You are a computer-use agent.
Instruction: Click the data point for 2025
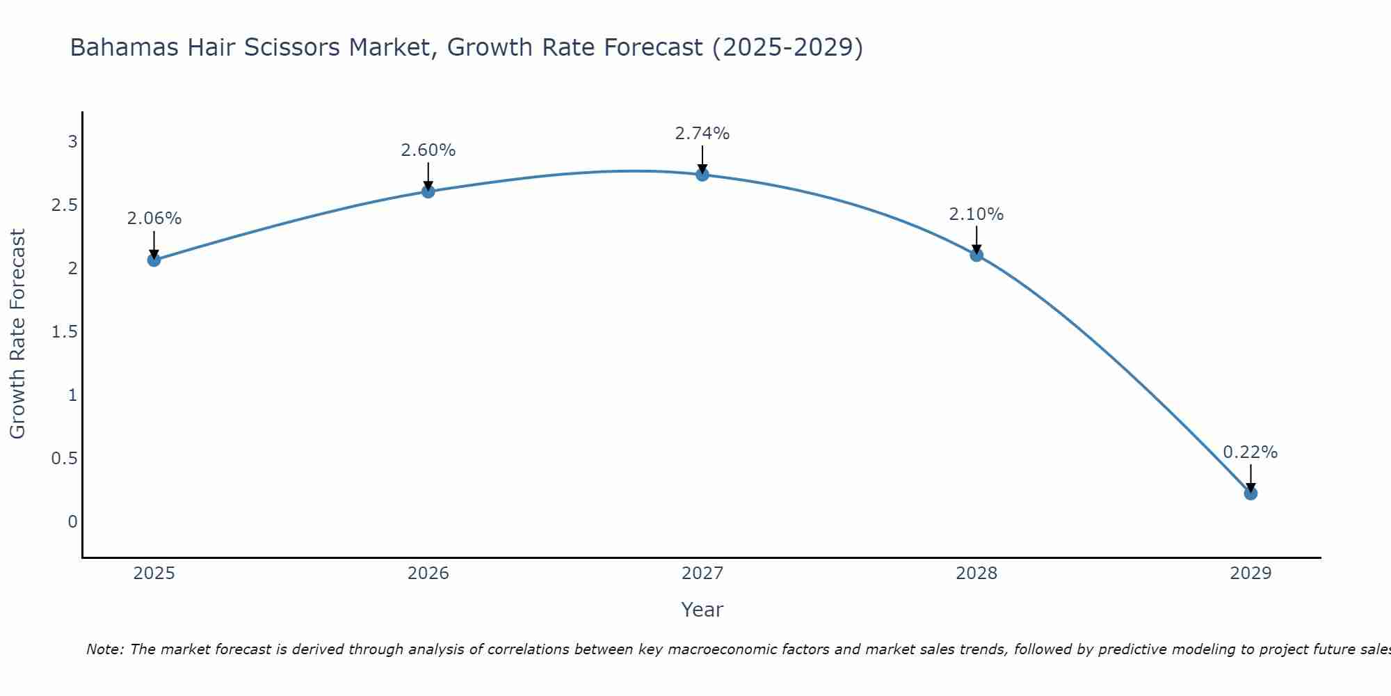point(154,260)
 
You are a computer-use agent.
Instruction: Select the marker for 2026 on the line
point(428,191)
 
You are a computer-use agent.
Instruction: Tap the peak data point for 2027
point(702,175)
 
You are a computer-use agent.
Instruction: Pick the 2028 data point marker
point(976,255)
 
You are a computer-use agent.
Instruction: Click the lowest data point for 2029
point(1251,493)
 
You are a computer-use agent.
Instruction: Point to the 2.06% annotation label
point(154,219)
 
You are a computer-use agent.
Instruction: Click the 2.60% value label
point(428,150)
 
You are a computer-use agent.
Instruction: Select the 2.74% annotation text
point(702,134)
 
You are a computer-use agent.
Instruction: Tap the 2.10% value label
point(976,214)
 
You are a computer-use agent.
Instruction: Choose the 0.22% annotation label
point(1251,452)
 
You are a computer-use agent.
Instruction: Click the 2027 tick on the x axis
point(702,574)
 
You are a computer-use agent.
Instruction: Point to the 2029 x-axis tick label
point(1251,574)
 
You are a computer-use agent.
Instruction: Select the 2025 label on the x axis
point(154,574)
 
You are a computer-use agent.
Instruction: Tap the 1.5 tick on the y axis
point(64,332)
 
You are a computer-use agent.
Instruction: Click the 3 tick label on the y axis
point(72,142)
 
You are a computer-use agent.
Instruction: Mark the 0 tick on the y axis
point(72,522)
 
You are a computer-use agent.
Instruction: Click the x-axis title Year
point(702,610)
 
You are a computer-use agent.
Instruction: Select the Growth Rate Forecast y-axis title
point(17,334)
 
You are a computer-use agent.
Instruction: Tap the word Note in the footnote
point(104,649)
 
